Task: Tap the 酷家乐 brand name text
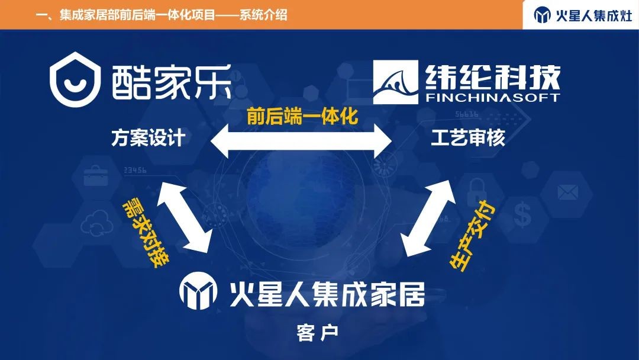pos(170,82)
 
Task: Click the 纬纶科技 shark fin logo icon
pos(396,85)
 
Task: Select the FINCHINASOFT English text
pos(492,97)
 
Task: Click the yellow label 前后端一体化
pos(302,117)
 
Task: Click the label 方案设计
pos(149,139)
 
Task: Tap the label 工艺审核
pos(468,139)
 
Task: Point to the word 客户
pos(318,332)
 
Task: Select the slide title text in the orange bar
pos(162,15)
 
